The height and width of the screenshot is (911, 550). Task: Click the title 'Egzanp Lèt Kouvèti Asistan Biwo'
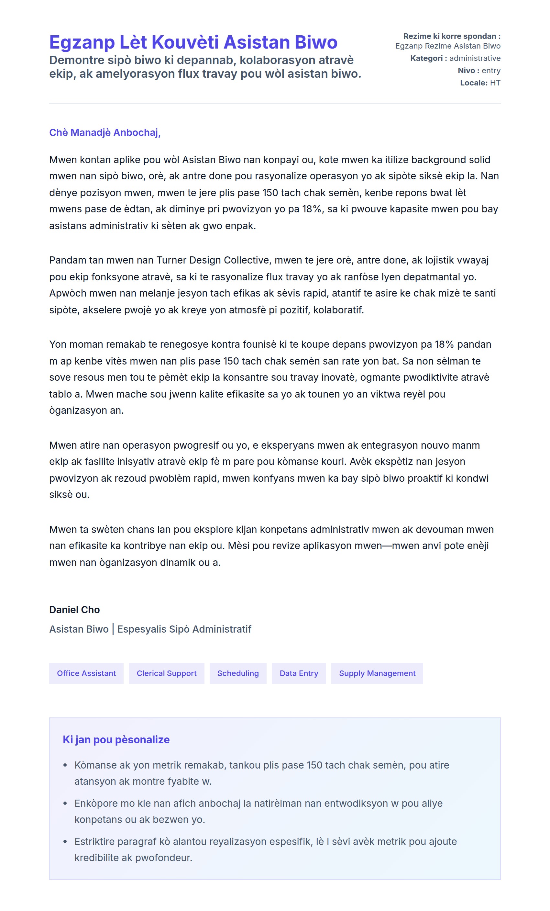pos(193,42)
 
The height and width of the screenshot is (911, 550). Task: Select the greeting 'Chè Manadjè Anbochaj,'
pos(105,133)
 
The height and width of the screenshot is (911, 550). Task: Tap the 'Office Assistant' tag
pos(86,673)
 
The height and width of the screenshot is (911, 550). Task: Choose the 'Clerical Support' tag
pos(167,673)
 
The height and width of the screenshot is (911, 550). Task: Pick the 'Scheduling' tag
pos(238,673)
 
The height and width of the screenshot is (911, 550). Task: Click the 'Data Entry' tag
pos(299,673)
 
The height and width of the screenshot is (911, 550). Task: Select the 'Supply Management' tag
pos(377,673)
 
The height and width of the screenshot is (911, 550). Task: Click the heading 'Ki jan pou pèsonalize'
pos(116,739)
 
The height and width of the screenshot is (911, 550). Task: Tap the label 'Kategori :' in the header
pos(428,58)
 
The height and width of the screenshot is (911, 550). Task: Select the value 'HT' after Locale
pos(495,83)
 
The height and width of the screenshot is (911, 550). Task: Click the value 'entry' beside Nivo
pos(491,71)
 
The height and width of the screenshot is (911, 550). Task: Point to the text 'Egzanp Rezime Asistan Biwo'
pos(448,46)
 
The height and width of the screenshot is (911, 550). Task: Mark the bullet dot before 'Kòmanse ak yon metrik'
pos(65,765)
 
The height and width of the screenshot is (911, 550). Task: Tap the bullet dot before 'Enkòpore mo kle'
pos(65,804)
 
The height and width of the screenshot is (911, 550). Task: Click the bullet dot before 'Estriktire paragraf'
pos(65,842)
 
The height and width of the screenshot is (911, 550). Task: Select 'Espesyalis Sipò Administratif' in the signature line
pos(184,629)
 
